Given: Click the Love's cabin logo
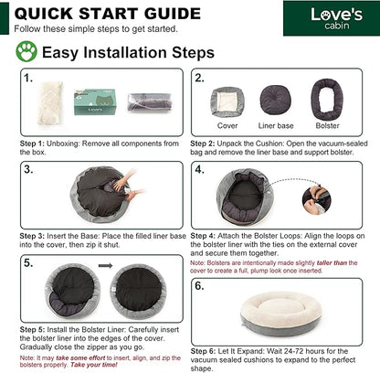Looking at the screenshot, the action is click(x=336, y=18).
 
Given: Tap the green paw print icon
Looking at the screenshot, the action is click(x=26, y=51).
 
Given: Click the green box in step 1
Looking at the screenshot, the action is click(x=95, y=101).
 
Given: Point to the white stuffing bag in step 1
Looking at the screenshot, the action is click(x=49, y=102).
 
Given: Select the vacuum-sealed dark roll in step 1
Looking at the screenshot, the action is click(x=150, y=102).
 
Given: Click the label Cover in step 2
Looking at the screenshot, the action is click(x=227, y=125).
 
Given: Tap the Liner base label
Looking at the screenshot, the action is click(x=276, y=125).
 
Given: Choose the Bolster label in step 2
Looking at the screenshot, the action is click(x=327, y=125).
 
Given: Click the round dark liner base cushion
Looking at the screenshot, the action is click(x=275, y=100).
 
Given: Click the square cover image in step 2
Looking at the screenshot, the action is click(x=227, y=102).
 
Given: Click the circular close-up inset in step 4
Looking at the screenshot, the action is click(x=316, y=200).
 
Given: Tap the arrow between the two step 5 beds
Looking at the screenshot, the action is click(x=105, y=266).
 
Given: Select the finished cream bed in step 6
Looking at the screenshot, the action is click(x=280, y=311).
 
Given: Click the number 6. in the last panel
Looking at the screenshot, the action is click(x=199, y=286).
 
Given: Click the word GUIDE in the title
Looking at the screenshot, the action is click(x=173, y=14).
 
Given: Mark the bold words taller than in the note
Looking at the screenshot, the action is click(x=332, y=262).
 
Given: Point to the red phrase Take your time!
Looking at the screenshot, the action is click(x=94, y=365).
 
